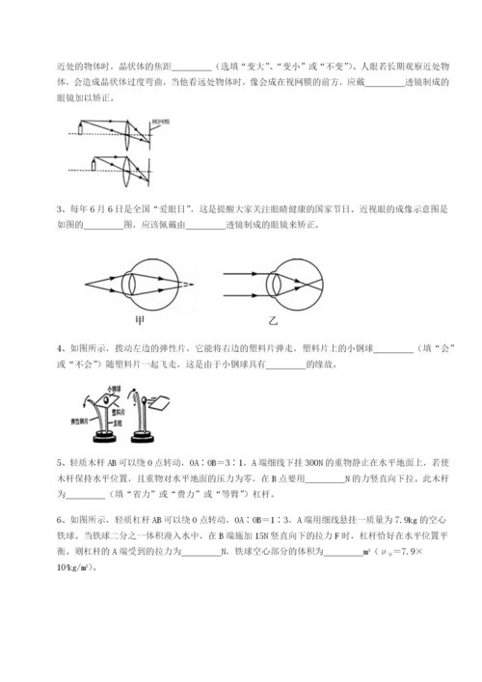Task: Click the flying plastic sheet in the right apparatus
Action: (184, 398)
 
